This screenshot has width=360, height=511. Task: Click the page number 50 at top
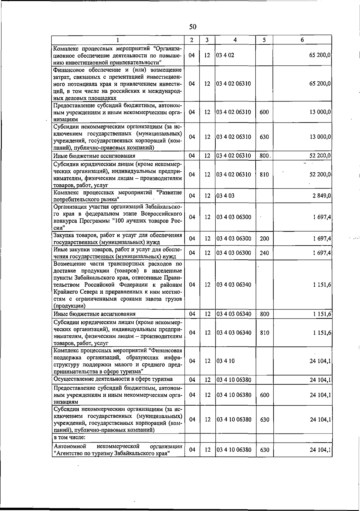tap(193, 27)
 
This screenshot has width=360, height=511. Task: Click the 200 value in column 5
tap(264, 239)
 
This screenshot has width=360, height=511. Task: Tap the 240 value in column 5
tap(264, 253)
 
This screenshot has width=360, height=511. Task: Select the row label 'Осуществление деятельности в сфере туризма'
tap(113, 379)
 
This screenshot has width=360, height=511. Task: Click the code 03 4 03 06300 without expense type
tap(234, 217)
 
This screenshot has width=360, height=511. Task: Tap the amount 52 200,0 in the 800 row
tap(320, 156)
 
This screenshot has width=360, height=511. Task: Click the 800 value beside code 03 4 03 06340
tap(264, 314)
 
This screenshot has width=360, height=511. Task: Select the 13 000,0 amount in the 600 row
tap(320, 112)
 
